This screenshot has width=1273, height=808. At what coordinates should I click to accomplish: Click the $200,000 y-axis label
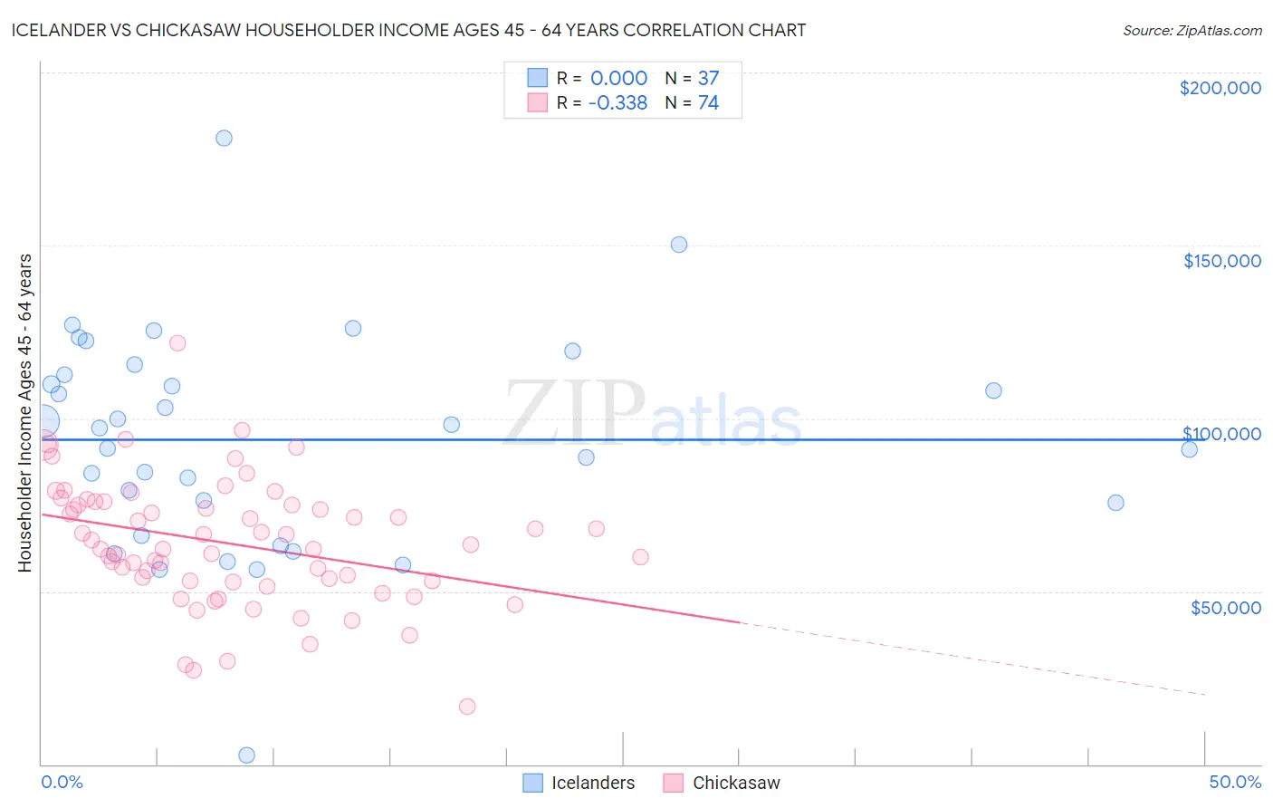pos(1220,88)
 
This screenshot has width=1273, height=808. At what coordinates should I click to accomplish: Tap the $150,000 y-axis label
pos(1221,261)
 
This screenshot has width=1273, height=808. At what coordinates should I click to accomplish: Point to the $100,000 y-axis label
pos(1221,434)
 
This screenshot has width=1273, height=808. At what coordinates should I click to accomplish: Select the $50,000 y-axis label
pos(1225,607)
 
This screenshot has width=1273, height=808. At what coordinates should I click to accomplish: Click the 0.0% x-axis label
pos(62,782)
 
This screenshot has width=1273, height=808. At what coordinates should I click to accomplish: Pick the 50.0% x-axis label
pos(1235,782)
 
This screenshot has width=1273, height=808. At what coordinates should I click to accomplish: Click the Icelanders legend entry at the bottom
pos(579,783)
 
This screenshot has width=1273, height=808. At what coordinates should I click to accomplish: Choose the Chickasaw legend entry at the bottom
pos(722,783)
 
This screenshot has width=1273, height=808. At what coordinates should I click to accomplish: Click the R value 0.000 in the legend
pos(618,78)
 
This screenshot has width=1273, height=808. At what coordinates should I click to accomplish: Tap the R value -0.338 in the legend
pos(617,102)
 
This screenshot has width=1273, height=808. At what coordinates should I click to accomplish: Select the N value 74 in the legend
pos(708,102)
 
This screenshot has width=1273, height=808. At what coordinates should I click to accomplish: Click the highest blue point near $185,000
pos(224,138)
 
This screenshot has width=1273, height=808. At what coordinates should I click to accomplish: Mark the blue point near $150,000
pos(679,245)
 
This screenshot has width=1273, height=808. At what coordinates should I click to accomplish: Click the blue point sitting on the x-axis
pos(246,755)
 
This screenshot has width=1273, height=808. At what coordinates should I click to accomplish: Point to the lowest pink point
pos(467,707)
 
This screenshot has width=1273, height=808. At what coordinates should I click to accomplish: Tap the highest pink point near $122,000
pos(177,343)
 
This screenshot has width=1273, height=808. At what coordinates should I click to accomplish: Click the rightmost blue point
pos(1190,449)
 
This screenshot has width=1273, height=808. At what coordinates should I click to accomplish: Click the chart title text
pos(408,30)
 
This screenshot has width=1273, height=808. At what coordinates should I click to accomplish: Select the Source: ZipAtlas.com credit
pos(1192,30)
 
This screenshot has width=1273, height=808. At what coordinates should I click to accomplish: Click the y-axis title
pos(24,413)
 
